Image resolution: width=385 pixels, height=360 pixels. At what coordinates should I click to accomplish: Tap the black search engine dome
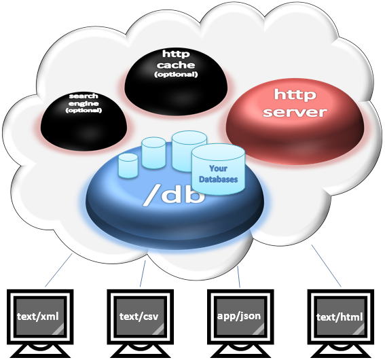click(84, 122)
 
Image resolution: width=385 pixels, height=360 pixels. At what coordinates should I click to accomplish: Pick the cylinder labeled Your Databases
click(218, 169)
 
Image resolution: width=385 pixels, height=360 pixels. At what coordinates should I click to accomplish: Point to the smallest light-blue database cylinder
click(128, 166)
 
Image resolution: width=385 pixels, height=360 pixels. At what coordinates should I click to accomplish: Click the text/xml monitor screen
click(40, 317)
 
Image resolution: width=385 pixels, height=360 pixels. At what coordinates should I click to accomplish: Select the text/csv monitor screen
click(140, 317)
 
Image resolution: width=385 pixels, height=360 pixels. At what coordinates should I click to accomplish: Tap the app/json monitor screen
click(240, 317)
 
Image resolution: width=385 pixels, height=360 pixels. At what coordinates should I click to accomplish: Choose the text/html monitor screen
click(341, 317)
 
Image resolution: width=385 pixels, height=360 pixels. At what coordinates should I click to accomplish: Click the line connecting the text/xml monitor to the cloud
click(58, 270)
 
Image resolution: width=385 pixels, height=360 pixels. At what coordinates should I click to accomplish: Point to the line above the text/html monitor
click(327, 266)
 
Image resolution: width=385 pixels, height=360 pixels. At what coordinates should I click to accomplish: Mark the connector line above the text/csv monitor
click(143, 274)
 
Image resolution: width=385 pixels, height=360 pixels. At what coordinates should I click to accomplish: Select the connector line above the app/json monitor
click(238, 276)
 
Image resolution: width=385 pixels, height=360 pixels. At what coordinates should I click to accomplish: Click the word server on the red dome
click(295, 111)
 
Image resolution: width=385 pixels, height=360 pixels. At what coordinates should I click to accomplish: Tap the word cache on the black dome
click(176, 65)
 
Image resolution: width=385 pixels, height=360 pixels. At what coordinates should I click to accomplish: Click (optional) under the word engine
click(84, 111)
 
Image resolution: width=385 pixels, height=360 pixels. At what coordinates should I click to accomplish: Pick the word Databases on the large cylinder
click(218, 179)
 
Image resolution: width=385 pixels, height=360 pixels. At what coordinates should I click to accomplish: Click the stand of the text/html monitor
click(341, 350)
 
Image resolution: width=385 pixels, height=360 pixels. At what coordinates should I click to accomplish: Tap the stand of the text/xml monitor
click(40, 350)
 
